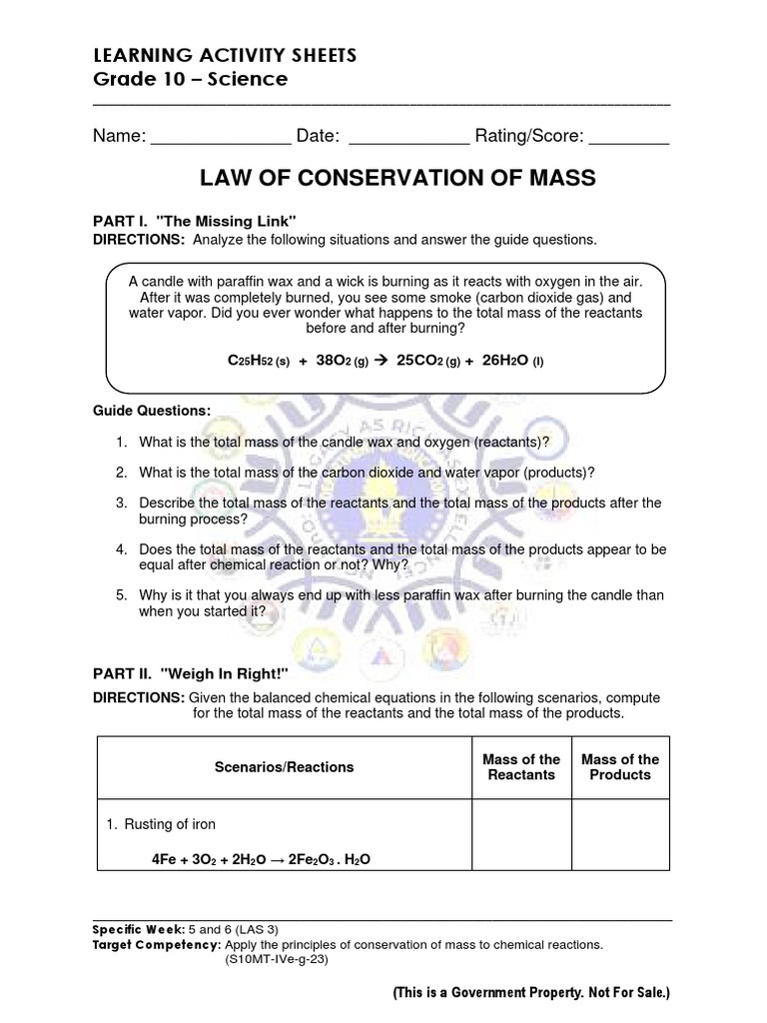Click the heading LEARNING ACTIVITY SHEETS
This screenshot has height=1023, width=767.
click(x=211, y=54)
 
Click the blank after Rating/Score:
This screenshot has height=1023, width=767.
click(x=628, y=136)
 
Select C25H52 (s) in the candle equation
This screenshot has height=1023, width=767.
click(x=259, y=360)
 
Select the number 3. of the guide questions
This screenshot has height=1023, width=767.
click(x=121, y=503)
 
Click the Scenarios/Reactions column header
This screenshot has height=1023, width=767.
click(x=284, y=767)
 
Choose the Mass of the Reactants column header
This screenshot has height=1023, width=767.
click(x=520, y=767)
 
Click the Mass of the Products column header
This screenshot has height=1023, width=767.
click(x=620, y=767)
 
